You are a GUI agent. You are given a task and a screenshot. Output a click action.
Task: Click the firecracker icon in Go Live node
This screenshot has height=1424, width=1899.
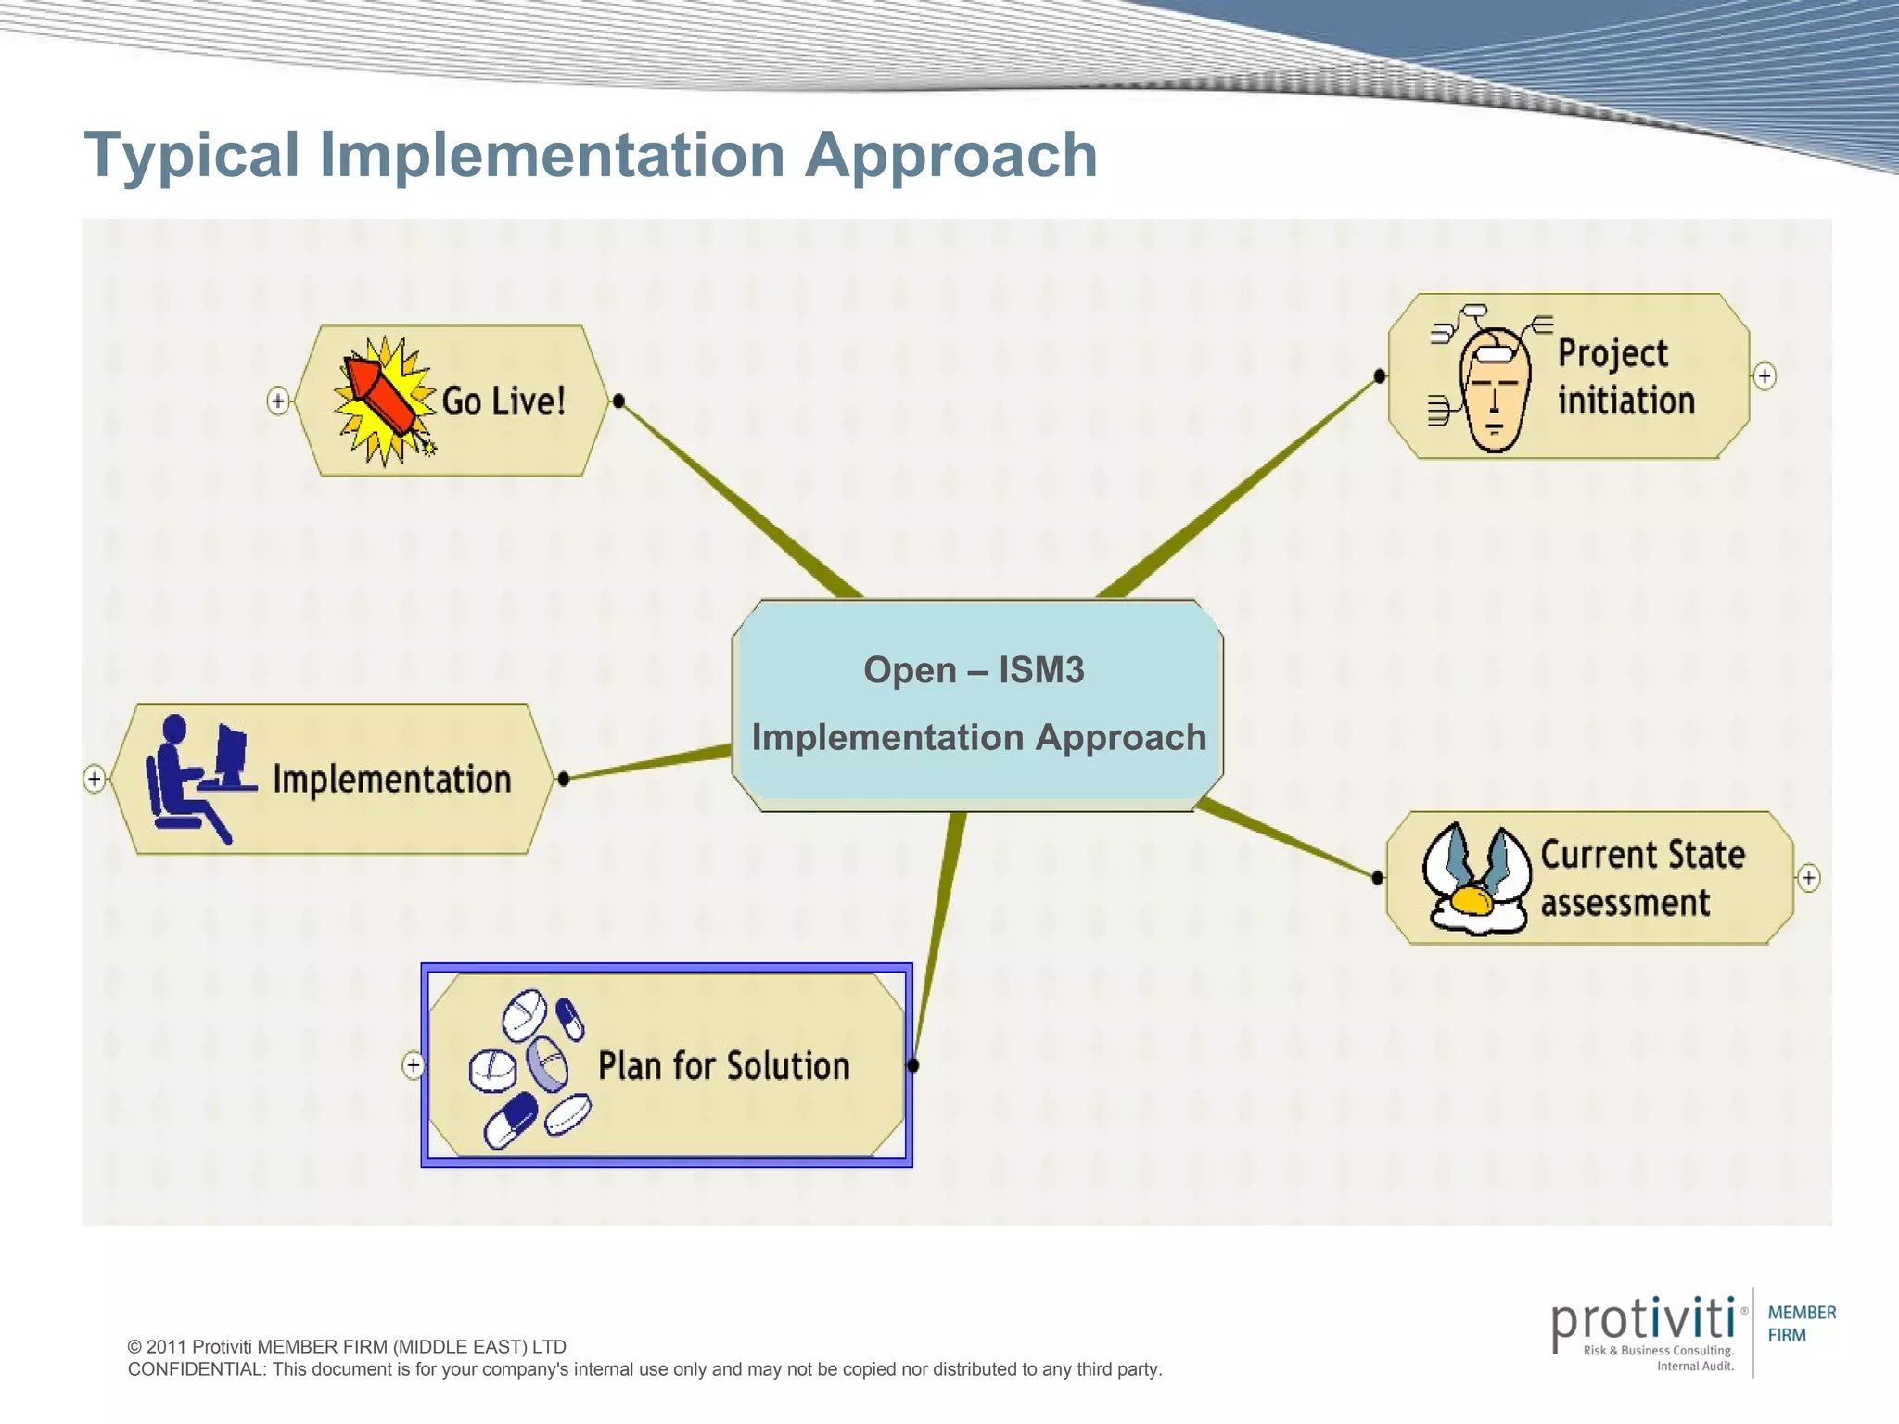pyautogui.click(x=383, y=400)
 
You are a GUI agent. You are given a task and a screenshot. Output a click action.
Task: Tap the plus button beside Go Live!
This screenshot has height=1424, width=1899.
pyautogui.click(x=277, y=400)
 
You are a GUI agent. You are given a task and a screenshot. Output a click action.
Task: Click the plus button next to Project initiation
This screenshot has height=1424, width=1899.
pyautogui.click(x=1765, y=376)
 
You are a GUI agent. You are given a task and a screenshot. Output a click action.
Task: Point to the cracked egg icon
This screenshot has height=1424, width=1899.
pyautogui.click(x=1475, y=879)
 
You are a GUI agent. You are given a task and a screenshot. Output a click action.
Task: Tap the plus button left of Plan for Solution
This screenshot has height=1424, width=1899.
pyautogui.click(x=414, y=1065)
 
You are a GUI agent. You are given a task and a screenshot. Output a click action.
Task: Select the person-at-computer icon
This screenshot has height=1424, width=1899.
pyautogui.click(x=198, y=777)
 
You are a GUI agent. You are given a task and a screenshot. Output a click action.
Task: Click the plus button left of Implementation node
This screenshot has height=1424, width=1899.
pyautogui.click(x=94, y=778)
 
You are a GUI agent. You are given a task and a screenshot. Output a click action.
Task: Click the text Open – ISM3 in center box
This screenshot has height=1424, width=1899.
pyautogui.click(x=974, y=669)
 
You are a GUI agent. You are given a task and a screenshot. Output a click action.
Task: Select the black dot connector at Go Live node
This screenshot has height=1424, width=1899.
pyautogui.click(x=618, y=400)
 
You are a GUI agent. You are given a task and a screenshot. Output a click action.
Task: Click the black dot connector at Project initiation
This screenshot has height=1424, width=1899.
pyautogui.click(x=1380, y=375)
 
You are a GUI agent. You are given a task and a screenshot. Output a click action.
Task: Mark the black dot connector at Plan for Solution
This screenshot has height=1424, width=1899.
pyautogui.click(x=913, y=1065)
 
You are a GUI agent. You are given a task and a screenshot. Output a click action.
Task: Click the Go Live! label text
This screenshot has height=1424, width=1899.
pyautogui.click(x=503, y=401)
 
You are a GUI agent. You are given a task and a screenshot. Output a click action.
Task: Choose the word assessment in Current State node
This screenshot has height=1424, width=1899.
pyautogui.click(x=1625, y=902)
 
